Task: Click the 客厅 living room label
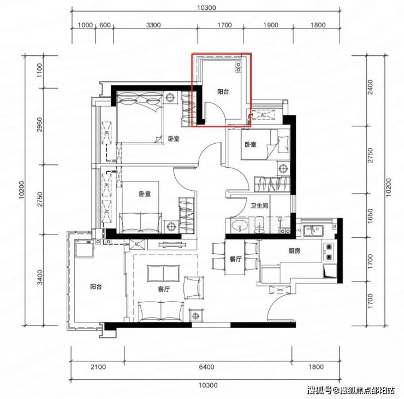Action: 164,289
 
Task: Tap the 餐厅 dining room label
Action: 235,259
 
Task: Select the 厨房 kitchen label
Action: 294,251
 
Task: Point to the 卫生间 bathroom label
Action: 259,206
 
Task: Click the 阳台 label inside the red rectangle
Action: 223,92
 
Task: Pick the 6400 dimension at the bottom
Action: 206,367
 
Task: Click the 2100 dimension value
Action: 98,367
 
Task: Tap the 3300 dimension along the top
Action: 153,25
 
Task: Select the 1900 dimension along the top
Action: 271,25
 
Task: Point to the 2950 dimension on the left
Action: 39,125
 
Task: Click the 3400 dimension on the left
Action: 39,277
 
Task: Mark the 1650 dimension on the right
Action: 370,216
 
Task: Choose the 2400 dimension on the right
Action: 370,87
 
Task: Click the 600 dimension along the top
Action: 105,25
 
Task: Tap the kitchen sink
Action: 313,231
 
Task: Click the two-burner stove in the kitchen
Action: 329,251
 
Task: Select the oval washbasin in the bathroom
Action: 240,226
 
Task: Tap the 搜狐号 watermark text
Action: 319,390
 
